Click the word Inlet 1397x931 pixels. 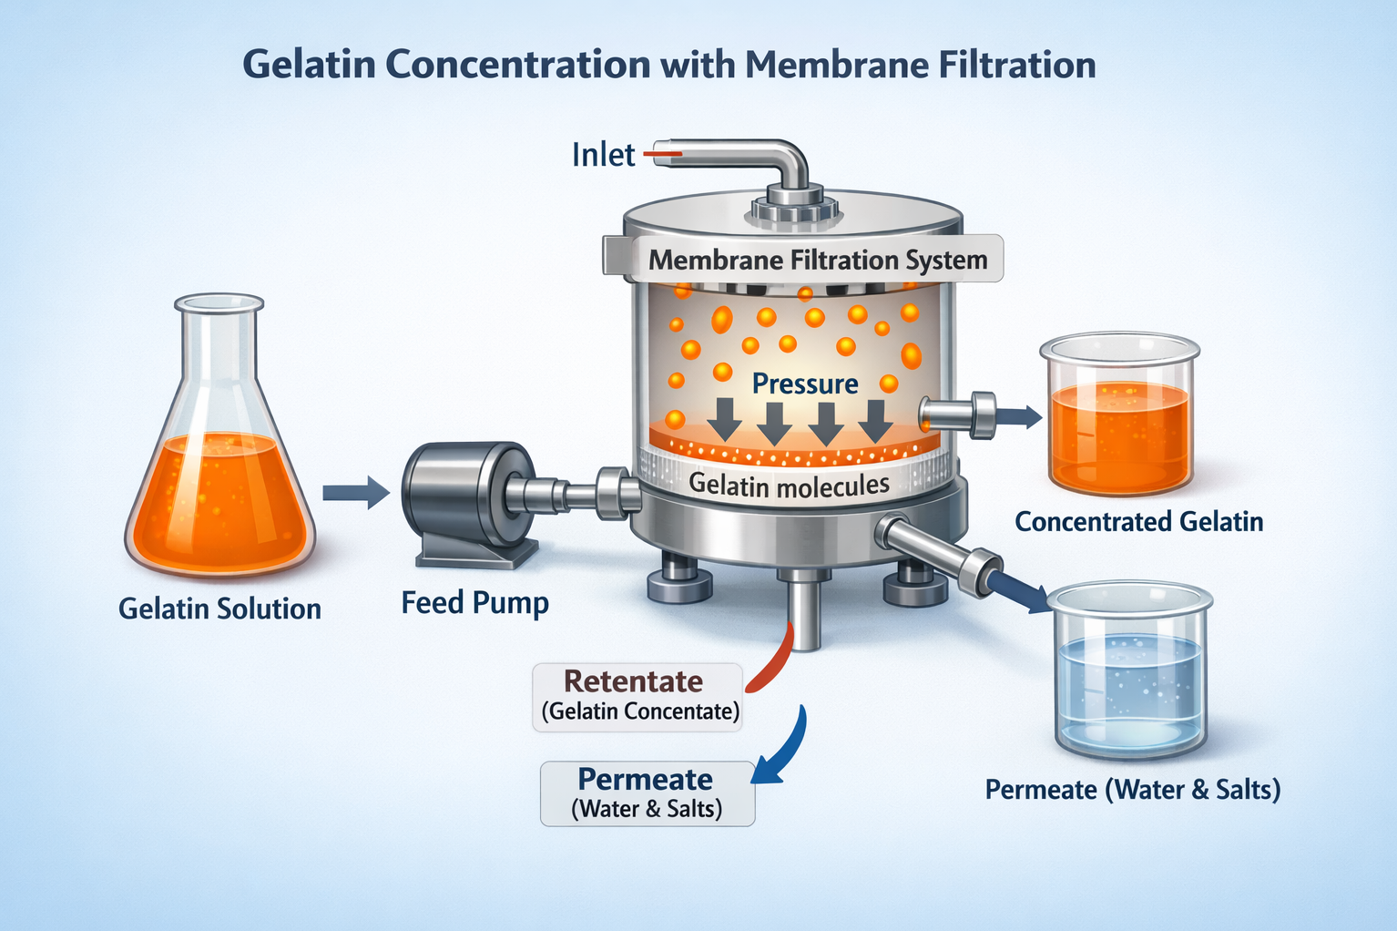(603, 155)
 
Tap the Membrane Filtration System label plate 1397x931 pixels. (817, 260)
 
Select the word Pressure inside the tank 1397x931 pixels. (805, 384)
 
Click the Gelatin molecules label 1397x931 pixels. (789, 485)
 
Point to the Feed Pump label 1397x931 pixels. (474, 603)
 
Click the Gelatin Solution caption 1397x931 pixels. (219, 609)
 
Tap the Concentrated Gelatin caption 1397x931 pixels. (1138, 522)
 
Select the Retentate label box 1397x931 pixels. (637, 696)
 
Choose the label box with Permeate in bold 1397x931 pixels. (647, 793)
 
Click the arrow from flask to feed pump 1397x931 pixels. (355, 492)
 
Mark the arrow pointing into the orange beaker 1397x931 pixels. (1020, 417)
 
